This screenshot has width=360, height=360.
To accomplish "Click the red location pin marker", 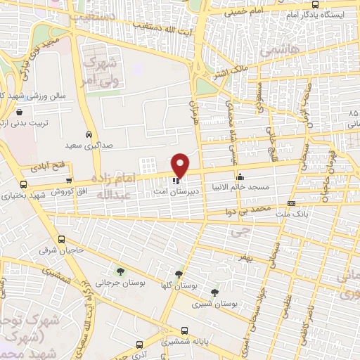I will [x=181, y=165].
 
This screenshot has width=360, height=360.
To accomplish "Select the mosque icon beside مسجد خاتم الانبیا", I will [x=240, y=176].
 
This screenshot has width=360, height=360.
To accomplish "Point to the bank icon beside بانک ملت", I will [x=292, y=204].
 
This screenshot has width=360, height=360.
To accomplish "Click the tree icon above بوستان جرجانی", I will [x=120, y=271].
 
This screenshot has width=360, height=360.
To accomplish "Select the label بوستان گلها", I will [x=179, y=285].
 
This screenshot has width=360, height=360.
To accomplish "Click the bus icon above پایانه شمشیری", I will [x=184, y=329].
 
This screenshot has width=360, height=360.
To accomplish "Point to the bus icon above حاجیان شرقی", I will [x=61, y=239].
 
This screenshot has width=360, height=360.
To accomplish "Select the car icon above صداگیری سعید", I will [x=88, y=134].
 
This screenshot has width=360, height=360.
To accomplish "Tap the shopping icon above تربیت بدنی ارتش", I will [x=19, y=111].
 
